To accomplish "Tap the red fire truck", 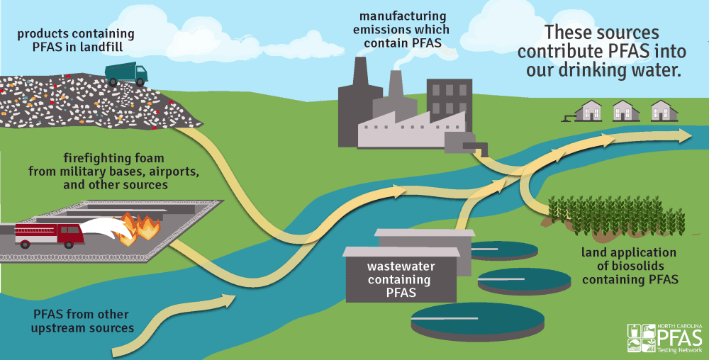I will pyautogui.click(x=49, y=234).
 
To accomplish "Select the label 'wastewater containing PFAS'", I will pyautogui.click(x=401, y=279).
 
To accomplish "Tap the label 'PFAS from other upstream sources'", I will pyautogui.click(x=84, y=321).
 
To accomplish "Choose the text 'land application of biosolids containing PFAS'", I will pyautogui.click(x=629, y=266).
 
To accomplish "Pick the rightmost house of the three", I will pyautogui.click(x=662, y=110).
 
